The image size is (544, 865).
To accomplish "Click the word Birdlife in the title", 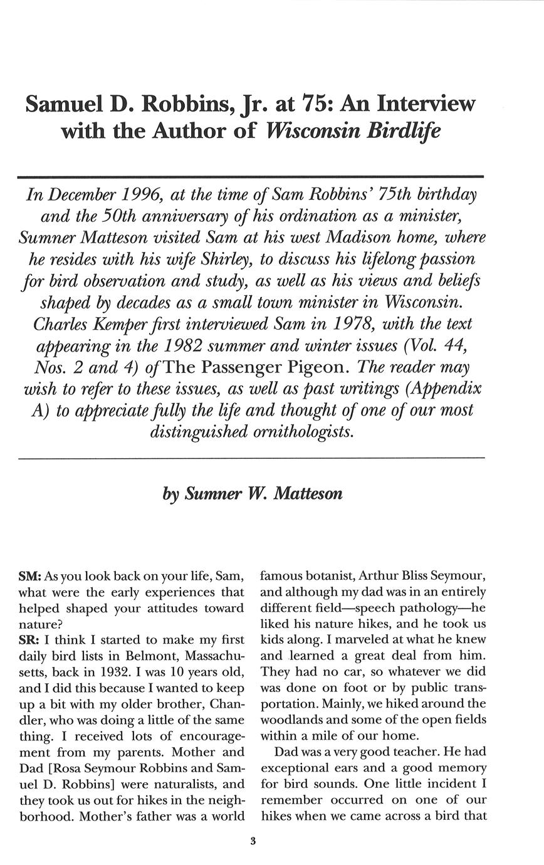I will (402, 131).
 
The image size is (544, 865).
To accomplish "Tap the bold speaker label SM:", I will (30, 576).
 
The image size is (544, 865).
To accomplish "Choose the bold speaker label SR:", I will (29, 640).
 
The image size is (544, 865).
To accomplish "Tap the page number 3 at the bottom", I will (253, 841).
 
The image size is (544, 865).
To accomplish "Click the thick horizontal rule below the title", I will (251, 177).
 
